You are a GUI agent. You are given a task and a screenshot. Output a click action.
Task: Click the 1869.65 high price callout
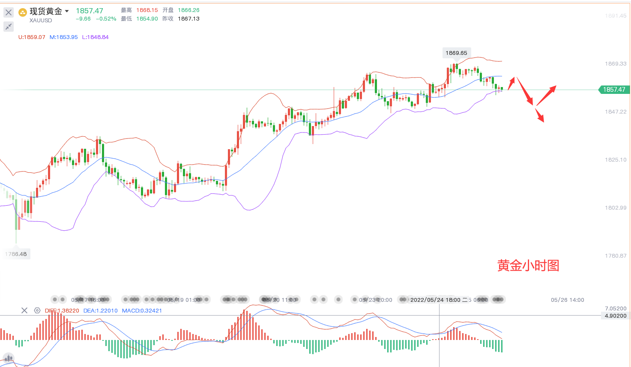pos(456,53)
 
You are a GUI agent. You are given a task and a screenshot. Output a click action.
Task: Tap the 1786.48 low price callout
pos(16,254)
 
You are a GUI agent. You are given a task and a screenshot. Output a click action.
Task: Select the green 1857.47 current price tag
pos(614,90)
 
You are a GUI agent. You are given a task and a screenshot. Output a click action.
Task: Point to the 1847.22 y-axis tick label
pos(616,112)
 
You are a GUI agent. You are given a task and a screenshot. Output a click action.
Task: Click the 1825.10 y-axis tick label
pos(616,160)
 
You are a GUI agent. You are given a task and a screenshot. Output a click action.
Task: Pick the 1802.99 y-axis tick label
pos(616,208)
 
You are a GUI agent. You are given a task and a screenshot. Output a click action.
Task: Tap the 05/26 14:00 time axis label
pos(567,300)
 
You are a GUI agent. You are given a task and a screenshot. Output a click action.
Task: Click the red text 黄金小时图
pos(528,266)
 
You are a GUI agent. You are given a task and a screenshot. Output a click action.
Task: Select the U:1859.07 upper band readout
pos(32,37)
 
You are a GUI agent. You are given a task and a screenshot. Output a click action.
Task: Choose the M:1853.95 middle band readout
pos(64,37)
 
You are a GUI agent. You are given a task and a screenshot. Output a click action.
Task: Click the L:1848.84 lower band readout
pos(96,37)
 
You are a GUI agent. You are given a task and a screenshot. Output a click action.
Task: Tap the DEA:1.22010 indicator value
pos(100,311)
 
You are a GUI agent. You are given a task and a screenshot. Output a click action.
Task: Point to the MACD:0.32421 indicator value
pos(142,311)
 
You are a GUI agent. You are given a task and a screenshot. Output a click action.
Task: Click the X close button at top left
pos(9,12)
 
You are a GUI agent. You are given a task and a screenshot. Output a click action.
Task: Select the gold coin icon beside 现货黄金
pos(23,12)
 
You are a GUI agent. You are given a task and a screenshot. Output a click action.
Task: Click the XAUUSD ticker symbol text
pos(41,21)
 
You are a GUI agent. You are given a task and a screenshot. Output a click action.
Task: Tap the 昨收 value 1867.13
pos(188,19)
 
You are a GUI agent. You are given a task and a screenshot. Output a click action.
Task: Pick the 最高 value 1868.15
pos(147,10)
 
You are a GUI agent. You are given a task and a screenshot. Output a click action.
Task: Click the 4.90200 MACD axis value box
pos(616,316)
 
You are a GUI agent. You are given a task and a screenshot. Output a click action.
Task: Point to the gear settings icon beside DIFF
pos(37,311)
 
